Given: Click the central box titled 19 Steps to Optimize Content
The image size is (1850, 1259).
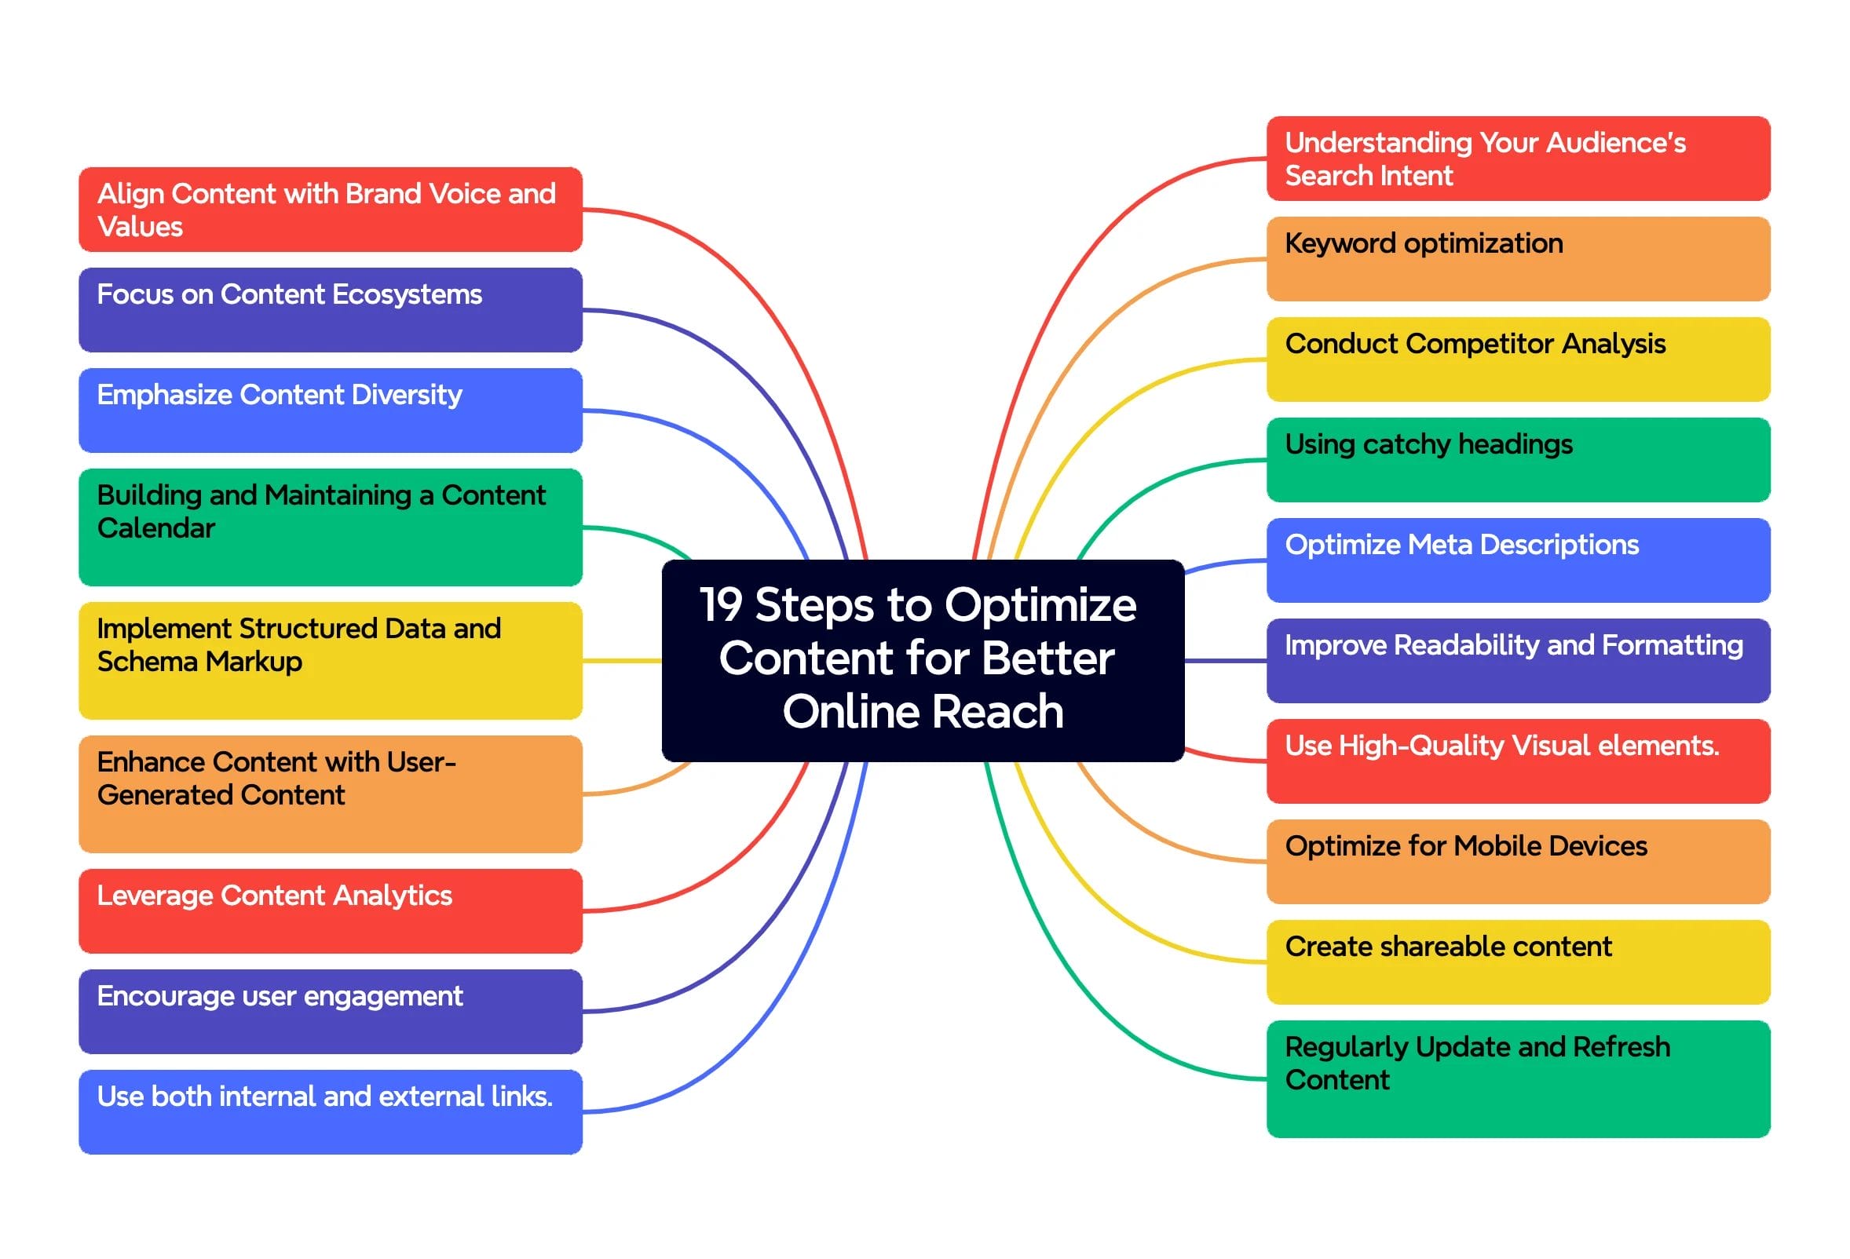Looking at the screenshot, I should tap(922, 660).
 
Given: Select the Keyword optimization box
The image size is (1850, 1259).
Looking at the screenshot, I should tap(1517, 259).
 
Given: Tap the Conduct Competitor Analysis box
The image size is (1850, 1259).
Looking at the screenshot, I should tap(1517, 359).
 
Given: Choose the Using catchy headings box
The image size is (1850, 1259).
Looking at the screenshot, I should tap(1517, 459).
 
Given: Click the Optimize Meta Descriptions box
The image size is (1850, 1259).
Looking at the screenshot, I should tap(1517, 560).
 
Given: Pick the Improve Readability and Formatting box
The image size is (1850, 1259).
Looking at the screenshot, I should tap(1517, 660).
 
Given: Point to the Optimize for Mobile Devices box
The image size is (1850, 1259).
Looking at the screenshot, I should tap(1517, 861).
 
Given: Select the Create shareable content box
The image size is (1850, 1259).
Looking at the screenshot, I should tap(1517, 962).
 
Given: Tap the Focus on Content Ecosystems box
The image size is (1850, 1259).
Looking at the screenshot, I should tap(331, 309).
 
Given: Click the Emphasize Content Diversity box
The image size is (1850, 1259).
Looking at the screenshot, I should tap(331, 410).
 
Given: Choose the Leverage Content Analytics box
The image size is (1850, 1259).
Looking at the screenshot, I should tap(331, 910).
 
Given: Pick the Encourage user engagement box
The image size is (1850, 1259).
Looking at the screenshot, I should tap(331, 1011).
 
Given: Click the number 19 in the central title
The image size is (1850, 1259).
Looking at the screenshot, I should tap(720, 605).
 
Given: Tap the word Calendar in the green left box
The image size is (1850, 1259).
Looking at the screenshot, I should tap(156, 527).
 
